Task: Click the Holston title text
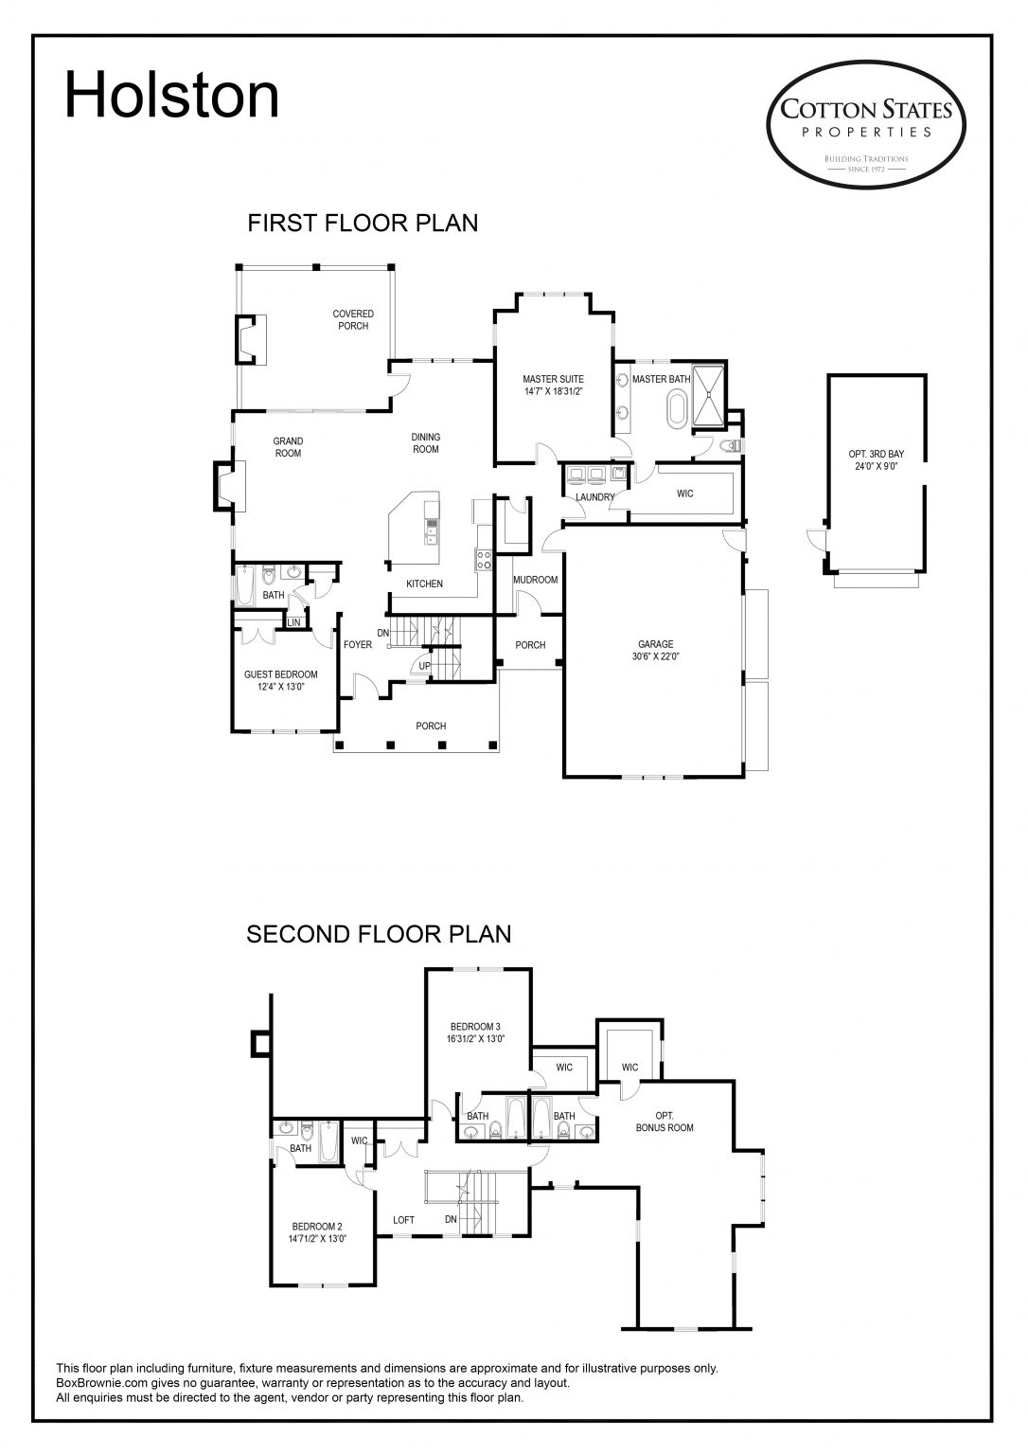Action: (x=172, y=96)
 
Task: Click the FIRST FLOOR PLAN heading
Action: (x=363, y=223)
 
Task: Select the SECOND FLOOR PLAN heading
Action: (x=379, y=934)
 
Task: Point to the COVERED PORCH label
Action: (x=353, y=319)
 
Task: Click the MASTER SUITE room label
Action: (x=554, y=386)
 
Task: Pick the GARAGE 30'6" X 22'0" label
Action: (x=655, y=650)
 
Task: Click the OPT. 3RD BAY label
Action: (x=877, y=459)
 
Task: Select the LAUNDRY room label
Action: (x=595, y=497)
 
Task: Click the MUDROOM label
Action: (x=536, y=580)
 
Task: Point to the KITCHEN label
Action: (x=424, y=584)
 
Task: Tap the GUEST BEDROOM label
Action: (x=280, y=680)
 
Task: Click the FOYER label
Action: (x=358, y=645)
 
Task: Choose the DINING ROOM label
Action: (x=426, y=443)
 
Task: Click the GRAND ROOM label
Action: (x=288, y=447)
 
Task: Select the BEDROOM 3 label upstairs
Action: (x=476, y=1033)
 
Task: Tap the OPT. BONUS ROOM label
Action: (x=665, y=1122)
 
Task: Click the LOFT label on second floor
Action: (x=403, y=1220)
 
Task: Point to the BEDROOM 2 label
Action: (x=317, y=1232)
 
